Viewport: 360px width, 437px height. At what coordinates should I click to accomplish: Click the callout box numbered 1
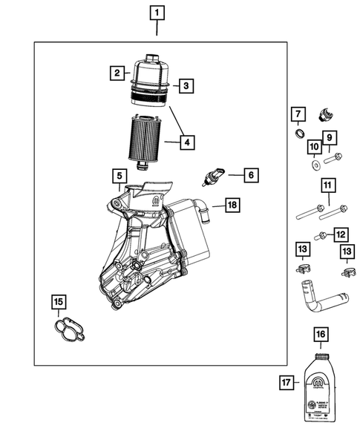coord(157,13)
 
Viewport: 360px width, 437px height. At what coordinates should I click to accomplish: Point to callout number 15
coord(57,301)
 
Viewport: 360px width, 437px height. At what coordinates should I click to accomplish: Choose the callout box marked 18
coord(232,206)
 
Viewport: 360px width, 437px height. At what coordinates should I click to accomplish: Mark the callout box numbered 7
coord(297,114)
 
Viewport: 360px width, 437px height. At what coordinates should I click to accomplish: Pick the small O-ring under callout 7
coord(298,133)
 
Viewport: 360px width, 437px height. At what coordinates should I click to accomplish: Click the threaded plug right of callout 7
coord(324,114)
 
